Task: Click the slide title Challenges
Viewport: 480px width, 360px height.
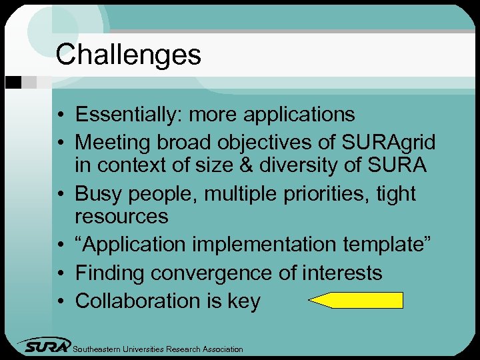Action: point(128,55)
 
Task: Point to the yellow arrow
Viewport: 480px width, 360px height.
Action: point(357,301)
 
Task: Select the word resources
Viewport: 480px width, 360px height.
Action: point(121,217)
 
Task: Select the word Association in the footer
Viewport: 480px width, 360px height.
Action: point(220,349)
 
